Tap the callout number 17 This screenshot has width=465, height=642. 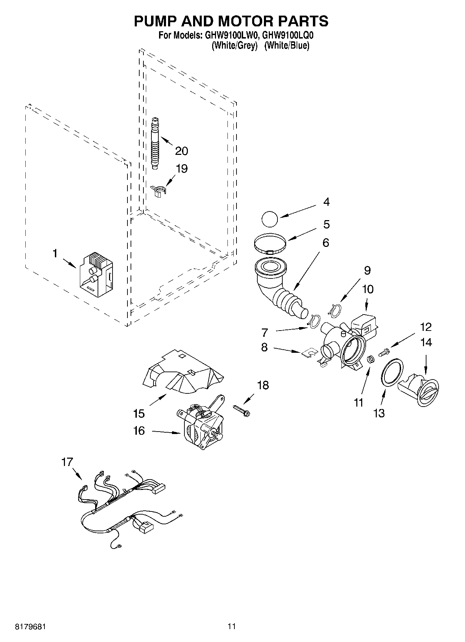[67, 462]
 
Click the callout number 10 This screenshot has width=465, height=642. [368, 289]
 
